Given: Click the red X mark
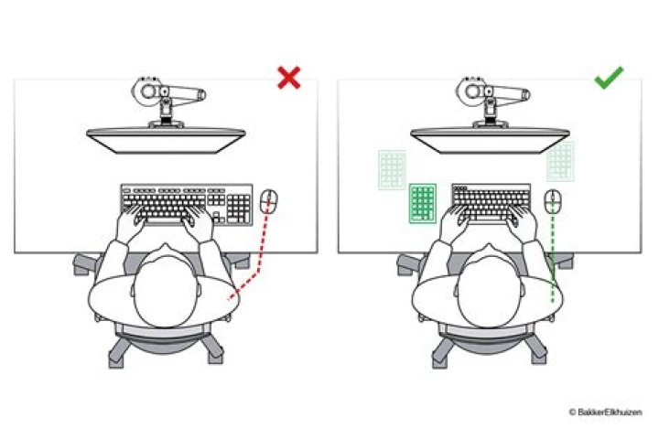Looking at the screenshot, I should [288, 79].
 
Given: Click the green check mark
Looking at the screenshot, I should [608, 79].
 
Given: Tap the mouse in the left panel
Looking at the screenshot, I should [268, 200].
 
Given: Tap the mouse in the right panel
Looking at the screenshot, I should [553, 200].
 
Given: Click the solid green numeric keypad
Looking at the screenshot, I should [423, 202].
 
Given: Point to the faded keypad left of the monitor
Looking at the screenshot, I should [392, 169].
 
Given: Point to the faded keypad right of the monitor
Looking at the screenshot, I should [560, 161].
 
